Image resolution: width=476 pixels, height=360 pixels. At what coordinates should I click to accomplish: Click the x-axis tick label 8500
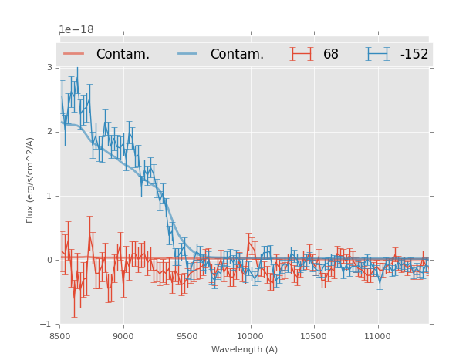(x=60, y=336)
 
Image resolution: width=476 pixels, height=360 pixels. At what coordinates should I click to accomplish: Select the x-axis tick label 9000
(x=123, y=336)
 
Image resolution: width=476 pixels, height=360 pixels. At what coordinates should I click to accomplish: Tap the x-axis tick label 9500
(x=187, y=336)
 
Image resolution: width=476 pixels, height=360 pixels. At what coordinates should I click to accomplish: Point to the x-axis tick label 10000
(x=250, y=336)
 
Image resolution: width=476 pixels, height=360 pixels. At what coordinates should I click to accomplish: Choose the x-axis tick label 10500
(x=314, y=336)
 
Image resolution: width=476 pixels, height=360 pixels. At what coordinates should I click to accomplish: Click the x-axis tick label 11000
(x=377, y=336)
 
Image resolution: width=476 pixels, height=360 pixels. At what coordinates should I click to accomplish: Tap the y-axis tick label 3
(x=49, y=68)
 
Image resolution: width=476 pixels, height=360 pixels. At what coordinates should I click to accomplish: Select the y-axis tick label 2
(x=49, y=132)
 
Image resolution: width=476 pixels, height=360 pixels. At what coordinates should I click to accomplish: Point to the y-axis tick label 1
(x=49, y=196)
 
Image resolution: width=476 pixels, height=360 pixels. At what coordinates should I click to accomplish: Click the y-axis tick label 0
(x=49, y=260)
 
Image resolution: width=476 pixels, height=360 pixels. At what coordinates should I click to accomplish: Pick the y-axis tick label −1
(x=47, y=324)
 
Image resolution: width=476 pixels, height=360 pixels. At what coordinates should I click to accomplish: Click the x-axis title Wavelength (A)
(x=245, y=350)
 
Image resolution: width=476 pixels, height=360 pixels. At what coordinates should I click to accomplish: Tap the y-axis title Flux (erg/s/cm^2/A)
(x=30, y=180)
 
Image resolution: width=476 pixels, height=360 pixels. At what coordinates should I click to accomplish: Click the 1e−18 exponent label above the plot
(x=76, y=30)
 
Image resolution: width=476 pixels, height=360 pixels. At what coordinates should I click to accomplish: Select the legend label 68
(x=331, y=55)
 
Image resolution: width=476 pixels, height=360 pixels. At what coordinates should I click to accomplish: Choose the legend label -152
(x=414, y=55)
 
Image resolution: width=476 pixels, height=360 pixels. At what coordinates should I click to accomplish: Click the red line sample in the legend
(x=74, y=54)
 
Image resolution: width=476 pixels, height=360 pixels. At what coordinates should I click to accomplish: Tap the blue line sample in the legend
(x=189, y=54)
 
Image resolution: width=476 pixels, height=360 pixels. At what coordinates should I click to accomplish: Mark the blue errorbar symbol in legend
(x=378, y=54)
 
